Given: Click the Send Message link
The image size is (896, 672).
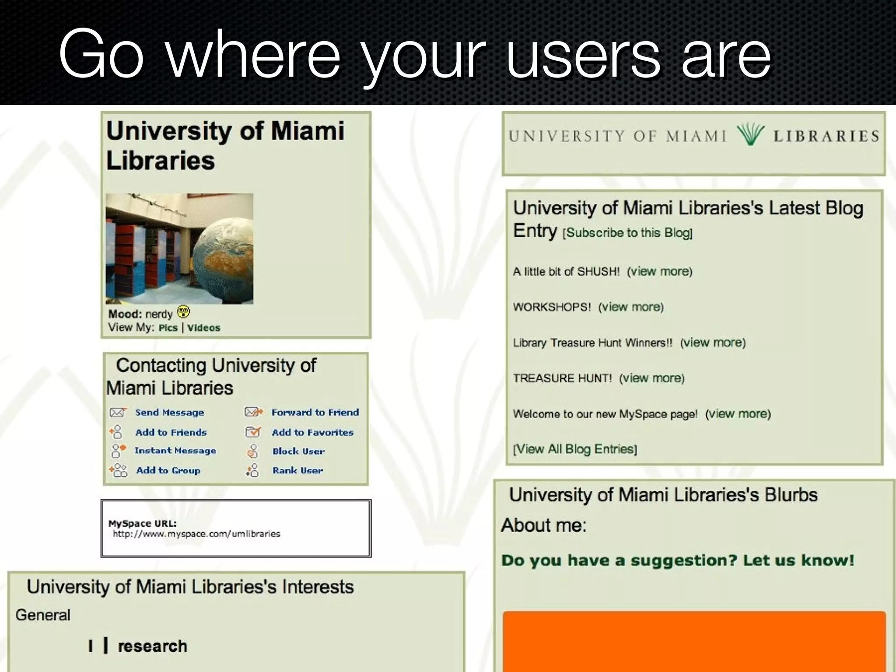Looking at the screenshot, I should tap(169, 413).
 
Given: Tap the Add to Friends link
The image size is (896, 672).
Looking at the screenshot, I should tap(171, 432).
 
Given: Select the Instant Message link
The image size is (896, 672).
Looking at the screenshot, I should tap(175, 451).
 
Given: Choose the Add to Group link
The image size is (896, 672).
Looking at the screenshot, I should tap(168, 470).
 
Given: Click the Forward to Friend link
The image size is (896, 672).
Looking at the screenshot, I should tap(315, 412).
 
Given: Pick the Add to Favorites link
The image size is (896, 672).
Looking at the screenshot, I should tap(312, 432).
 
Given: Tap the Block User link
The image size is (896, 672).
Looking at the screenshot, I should tap(298, 451).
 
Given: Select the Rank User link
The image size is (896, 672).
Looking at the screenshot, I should tap(297, 470).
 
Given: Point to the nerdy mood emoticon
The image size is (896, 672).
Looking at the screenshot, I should tap(183, 312).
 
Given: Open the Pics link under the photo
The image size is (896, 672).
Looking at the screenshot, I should tap(168, 328).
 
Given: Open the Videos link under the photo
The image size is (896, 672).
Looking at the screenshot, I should tap(203, 328).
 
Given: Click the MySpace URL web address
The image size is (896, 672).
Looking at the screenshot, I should tap(196, 534).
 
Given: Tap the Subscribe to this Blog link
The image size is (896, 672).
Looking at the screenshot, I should tap(627, 233).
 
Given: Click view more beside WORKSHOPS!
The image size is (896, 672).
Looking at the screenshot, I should tap(631, 307).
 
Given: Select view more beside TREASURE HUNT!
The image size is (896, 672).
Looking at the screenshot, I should tap(652, 378).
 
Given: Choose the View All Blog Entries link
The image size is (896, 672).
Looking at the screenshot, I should tap(575, 449).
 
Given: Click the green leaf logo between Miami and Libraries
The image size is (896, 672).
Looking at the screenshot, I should tap(750, 134).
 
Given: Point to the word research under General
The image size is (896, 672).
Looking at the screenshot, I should tap(152, 646).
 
